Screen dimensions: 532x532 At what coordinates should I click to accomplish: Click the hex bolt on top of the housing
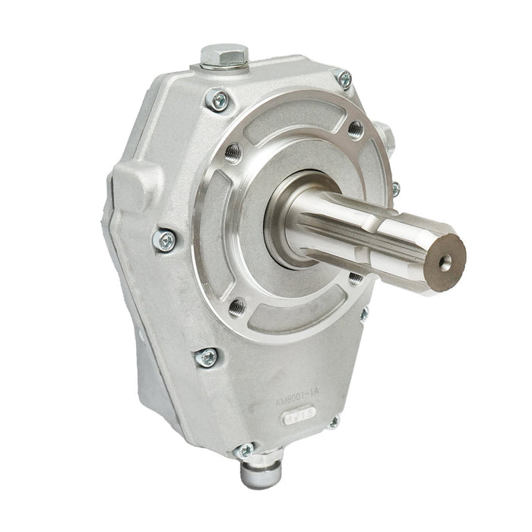pyautogui.click(x=225, y=55)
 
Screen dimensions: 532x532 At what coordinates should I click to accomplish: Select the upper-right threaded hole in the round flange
pyautogui.click(x=356, y=128)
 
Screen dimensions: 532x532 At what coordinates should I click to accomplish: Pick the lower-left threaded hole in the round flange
pyautogui.click(x=236, y=306)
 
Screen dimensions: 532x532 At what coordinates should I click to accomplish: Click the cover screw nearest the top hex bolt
pyautogui.click(x=219, y=100)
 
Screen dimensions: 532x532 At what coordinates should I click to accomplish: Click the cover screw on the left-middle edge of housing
pyautogui.click(x=165, y=240)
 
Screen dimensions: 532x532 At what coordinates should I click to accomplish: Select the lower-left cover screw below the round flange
pyautogui.click(x=206, y=356)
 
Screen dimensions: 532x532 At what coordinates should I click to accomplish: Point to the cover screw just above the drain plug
pyautogui.click(x=245, y=450)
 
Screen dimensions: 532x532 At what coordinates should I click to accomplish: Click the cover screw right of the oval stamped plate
pyautogui.click(x=332, y=422)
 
